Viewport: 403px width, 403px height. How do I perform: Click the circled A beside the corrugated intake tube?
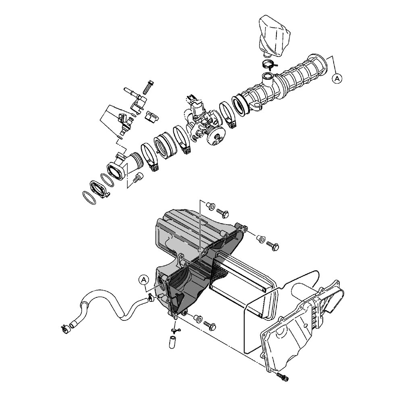coord(337,79)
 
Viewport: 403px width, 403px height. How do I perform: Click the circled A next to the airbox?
coord(144,280)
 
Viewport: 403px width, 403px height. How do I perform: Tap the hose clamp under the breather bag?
coord(268,64)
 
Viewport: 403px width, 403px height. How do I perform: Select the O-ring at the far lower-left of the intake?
coord(89,197)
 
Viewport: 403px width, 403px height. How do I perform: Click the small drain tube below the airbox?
coord(172,342)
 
